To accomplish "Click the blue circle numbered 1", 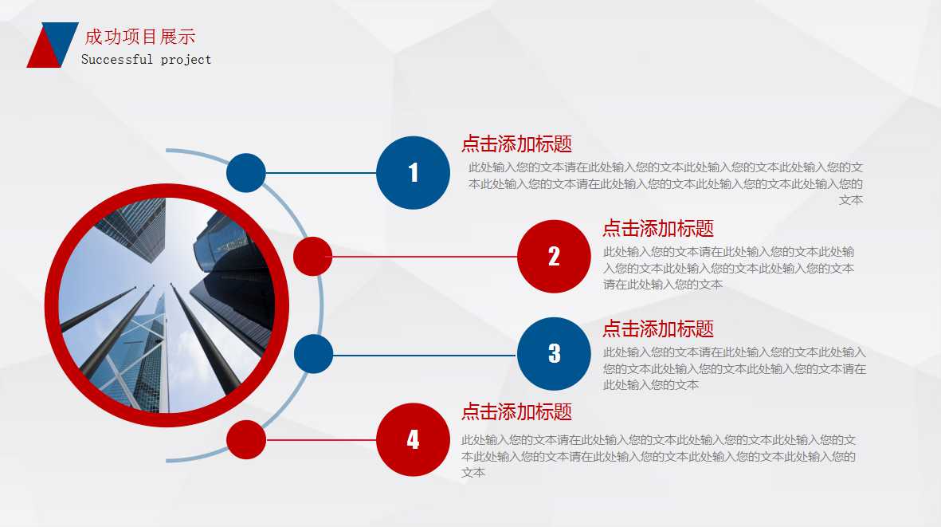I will coord(413,173).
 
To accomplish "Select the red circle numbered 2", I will coord(554,257).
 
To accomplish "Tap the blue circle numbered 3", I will coord(554,354).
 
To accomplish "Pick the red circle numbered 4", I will coord(413,439).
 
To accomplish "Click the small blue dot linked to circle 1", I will coord(246,173).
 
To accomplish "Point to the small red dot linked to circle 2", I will coord(312,257).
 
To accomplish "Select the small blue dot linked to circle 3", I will coord(313,354).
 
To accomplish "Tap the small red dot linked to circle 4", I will coord(246,439).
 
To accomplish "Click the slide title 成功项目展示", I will coord(140,37).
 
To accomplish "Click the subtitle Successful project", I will coord(147,59).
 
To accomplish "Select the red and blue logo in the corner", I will coord(52,45).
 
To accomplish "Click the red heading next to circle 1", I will coord(516,144).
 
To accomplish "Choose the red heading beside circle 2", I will coord(657,229).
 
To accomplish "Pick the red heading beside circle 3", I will coord(657,328).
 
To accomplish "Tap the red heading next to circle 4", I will coord(516,412).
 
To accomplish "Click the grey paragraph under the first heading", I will coord(665,183).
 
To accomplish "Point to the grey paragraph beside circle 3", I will coord(734,368).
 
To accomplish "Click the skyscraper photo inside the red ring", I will coord(167,306).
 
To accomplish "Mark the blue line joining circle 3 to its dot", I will coord(425,355).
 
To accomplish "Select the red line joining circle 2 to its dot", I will coord(425,257).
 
